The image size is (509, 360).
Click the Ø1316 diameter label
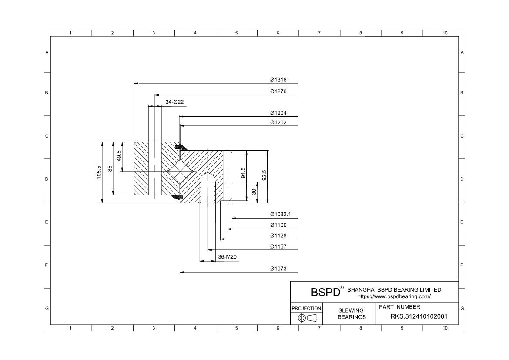point(278,80)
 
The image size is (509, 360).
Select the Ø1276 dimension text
point(278,91)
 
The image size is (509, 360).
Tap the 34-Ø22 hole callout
point(174,102)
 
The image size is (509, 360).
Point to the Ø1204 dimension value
point(278,113)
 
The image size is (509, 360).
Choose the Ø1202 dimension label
point(278,123)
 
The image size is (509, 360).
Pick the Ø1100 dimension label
point(278,225)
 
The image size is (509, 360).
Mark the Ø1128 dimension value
point(278,236)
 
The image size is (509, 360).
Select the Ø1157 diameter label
point(278,247)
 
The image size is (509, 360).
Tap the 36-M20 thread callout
point(227,257)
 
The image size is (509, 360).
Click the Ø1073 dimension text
point(278,269)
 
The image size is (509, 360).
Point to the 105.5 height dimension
point(99,172)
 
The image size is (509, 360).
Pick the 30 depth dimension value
point(254,192)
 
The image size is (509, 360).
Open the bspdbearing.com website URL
point(394,296)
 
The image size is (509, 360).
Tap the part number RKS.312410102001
point(419,316)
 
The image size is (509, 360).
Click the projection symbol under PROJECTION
point(306,318)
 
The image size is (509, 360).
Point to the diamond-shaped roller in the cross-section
point(180,173)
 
